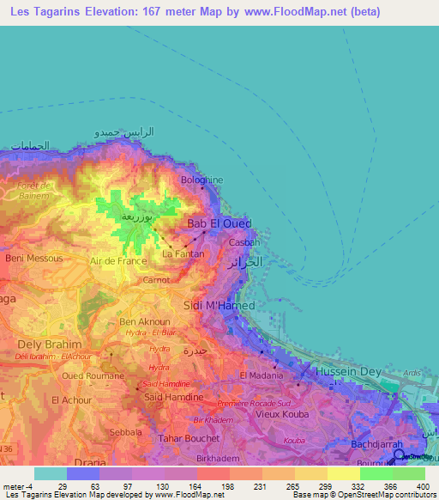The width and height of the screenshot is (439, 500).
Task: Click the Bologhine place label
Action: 201,180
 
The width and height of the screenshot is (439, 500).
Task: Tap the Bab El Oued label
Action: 219,223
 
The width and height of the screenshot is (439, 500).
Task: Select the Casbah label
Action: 239,242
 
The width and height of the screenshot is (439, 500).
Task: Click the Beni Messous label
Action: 34,258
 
